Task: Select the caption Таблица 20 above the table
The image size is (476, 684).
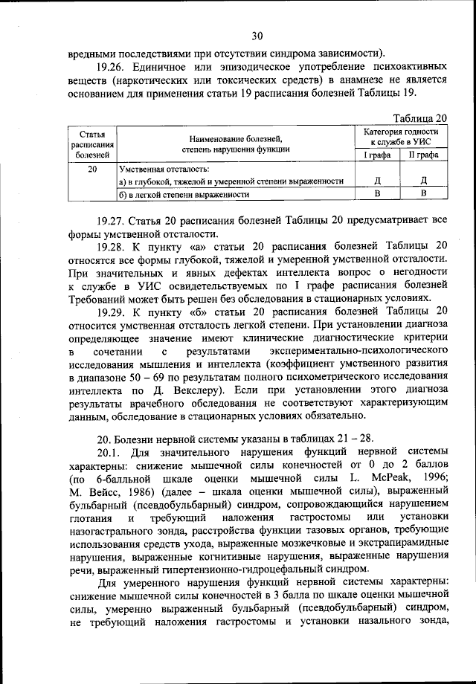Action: [420, 117]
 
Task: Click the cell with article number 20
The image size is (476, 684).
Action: [92, 169]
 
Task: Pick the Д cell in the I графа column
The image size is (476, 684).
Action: [378, 181]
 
